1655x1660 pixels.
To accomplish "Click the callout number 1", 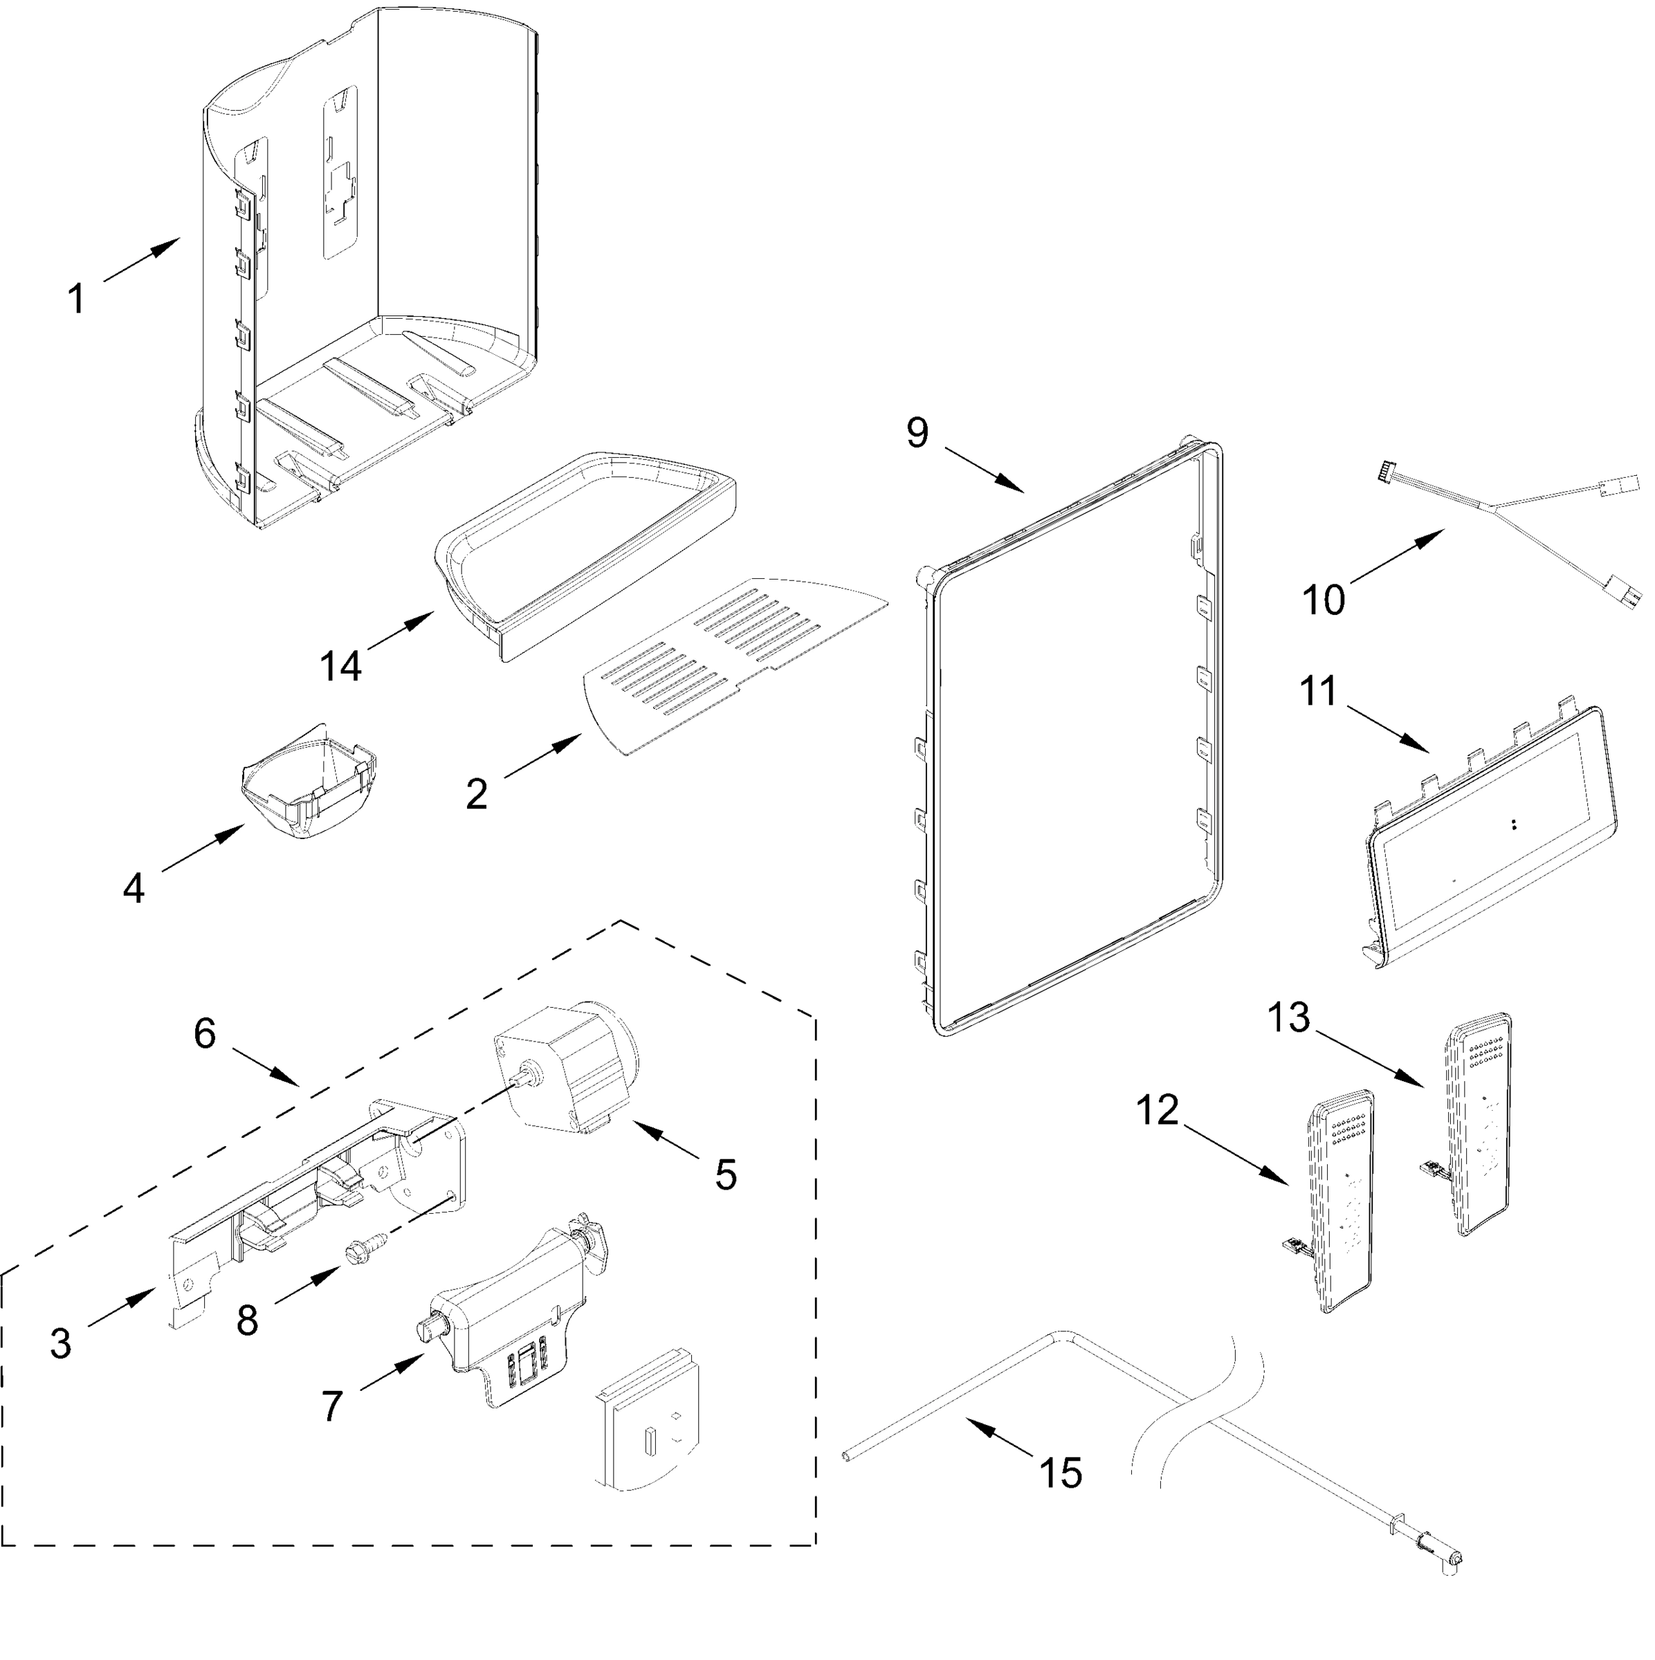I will (x=77, y=299).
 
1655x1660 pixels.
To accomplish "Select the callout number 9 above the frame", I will (x=917, y=432).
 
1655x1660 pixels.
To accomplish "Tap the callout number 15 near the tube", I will (x=1061, y=1472).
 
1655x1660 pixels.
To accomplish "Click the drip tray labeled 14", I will (x=585, y=550).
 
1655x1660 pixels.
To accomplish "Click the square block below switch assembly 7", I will (x=649, y=1427).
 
